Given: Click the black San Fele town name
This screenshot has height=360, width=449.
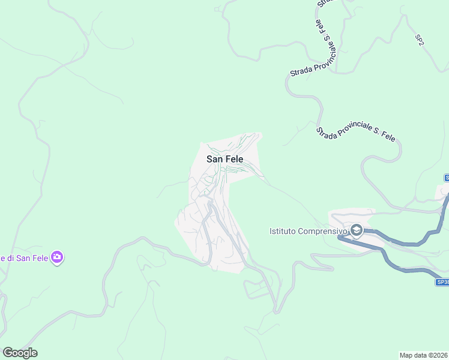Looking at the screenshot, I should (x=224, y=159).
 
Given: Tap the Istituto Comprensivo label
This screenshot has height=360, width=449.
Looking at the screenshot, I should (x=308, y=231).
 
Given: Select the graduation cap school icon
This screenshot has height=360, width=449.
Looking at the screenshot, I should (x=357, y=230).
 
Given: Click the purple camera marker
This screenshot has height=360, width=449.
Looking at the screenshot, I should (x=58, y=258).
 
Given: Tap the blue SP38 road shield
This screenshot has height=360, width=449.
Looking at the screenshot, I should (x=442, y=282).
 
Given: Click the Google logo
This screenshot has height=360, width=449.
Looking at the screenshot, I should (x=20, y=353).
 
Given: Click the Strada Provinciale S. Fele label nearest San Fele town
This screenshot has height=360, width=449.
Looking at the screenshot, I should (x=356, y=134).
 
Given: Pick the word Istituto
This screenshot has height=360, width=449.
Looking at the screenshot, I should (x=283, y=231).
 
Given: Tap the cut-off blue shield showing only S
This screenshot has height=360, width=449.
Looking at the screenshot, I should (x=447, y=178).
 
